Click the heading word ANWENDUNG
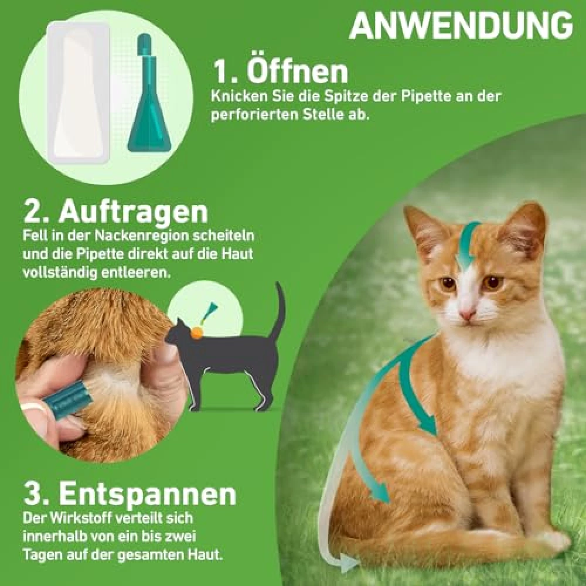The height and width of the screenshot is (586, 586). click(461, 25)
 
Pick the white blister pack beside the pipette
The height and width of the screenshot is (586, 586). click(79, 93)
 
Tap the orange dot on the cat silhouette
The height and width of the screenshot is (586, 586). click(196, 332)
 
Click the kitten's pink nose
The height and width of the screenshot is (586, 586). click(466, 314)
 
